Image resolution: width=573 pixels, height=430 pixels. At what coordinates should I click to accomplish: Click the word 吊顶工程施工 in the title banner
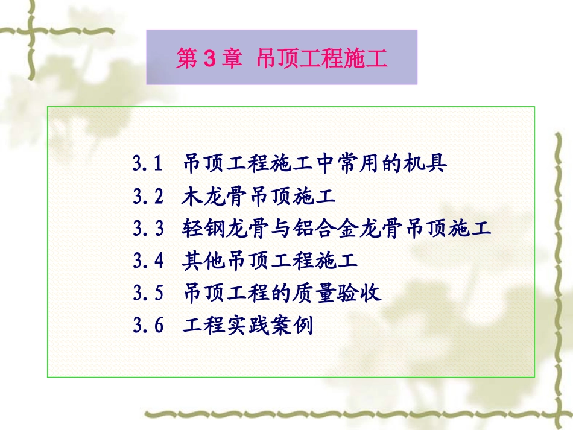pyautogui.click(x=321, y=59)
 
